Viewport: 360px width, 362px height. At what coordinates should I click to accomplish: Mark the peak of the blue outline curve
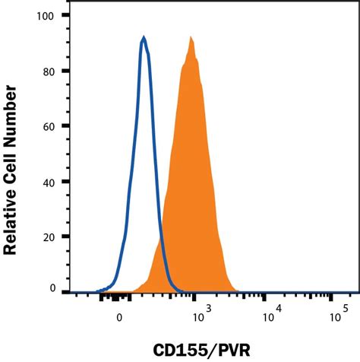pyautogui.click(x=144, y=38)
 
